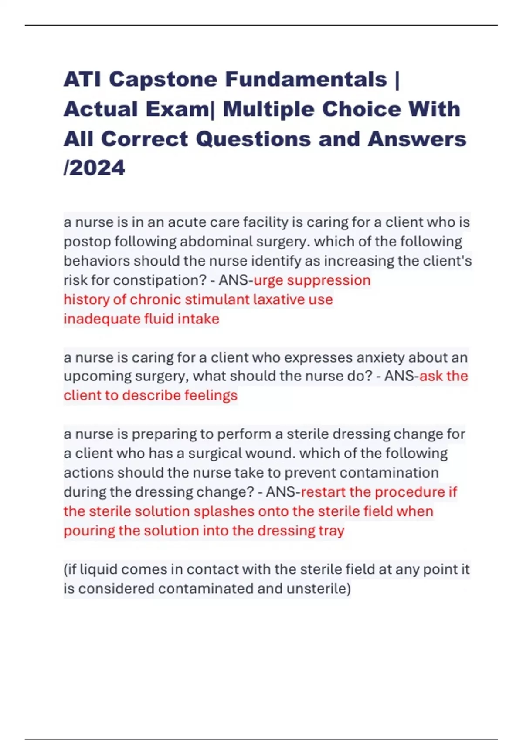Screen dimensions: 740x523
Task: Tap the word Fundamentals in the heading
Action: (x=306, y=80)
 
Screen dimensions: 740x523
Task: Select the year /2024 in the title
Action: (x=95, y=168)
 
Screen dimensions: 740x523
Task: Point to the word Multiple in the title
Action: (x=268, y=109)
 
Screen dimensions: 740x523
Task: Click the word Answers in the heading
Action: (x=417, y=139)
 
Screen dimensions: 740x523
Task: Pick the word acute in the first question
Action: (x=187, y=222)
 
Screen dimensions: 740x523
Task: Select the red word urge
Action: (x=268, y=280)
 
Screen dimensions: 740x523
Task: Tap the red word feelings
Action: (x=211, y=395)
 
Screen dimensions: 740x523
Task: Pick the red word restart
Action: (x=323, y=492)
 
